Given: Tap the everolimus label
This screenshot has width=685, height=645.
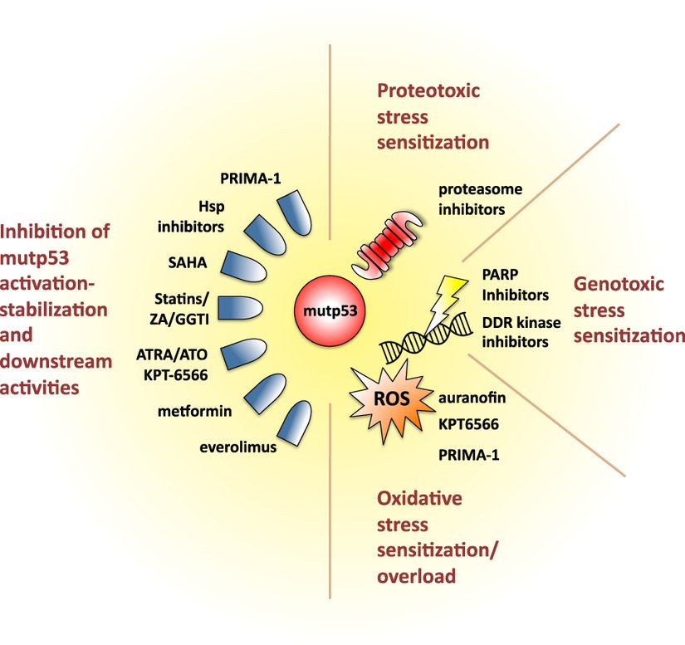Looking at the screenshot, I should pos(237,449).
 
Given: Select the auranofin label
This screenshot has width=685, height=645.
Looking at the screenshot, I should pos(472,398).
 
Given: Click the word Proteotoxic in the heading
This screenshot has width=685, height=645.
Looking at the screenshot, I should pos(429,90).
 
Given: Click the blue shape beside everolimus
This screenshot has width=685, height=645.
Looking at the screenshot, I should pos(296,425).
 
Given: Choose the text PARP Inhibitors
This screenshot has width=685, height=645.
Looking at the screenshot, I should pos(515,285).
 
